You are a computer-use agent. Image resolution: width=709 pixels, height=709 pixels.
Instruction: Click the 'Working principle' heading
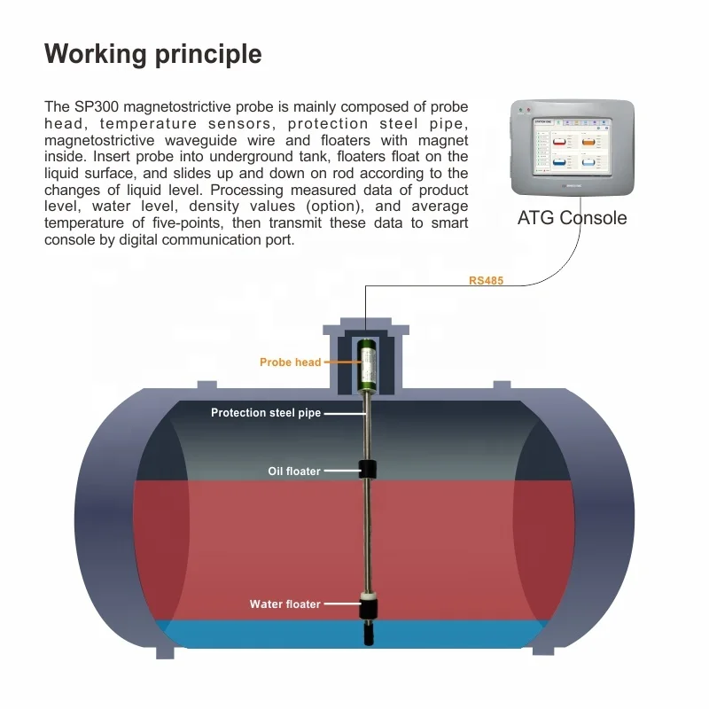tap(152, 54)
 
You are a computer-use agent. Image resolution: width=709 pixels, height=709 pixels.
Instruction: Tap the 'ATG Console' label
tap(572, 217)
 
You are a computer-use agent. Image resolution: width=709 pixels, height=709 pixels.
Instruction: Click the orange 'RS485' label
tap(486, 281)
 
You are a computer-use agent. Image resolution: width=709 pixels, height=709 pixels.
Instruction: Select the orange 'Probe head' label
tap(290, 362)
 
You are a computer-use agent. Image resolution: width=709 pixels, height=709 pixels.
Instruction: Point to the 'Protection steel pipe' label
tap(265, 413)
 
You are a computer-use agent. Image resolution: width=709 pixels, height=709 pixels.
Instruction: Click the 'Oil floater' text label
tap(294, 471)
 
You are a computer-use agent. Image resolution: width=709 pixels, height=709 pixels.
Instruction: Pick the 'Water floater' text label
tap(284, 604)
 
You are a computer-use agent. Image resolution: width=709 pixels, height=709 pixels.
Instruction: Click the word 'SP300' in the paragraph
tap(90, 106)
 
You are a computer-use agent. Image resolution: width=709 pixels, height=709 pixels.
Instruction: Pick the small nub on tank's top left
tap(206, 386)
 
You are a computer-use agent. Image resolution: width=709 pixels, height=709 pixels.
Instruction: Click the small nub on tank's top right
tap(501, 386)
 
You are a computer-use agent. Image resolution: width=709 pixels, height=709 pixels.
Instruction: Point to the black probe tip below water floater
tap(367, 633)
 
